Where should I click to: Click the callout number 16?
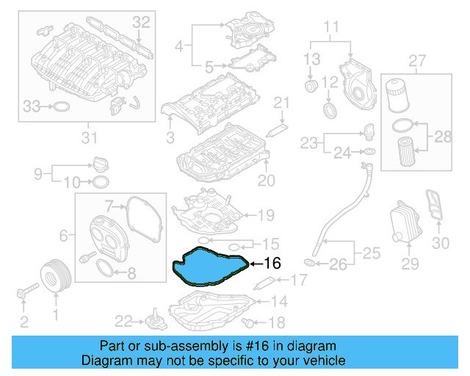272,263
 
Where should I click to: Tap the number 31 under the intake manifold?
88,136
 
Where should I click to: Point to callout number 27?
417,59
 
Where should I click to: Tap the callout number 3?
169,137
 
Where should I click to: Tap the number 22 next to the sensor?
123,320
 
